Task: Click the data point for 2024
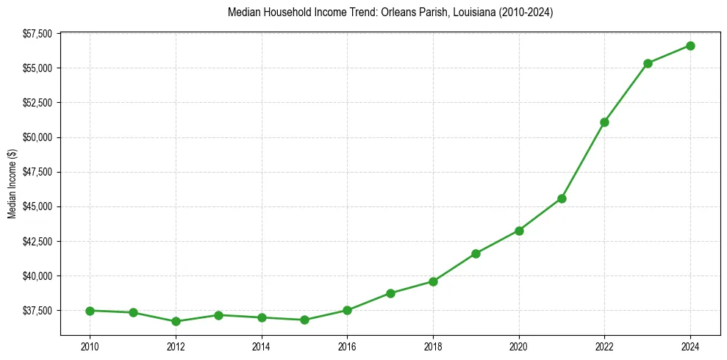(690, 46)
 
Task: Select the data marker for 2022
(604, 122)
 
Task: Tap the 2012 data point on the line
(176, 321)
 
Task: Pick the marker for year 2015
(304, 320)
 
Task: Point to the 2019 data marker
(476, 253)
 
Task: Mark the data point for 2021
(562, 198)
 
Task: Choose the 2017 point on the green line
(390, 293)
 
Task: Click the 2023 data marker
(648, 63)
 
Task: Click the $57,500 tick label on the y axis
(37, 34)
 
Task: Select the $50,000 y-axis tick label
(37, 137)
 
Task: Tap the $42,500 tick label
(37, 241)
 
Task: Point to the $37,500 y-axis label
(37, 311)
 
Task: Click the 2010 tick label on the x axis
(90, 345)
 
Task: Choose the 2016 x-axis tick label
(347, 345)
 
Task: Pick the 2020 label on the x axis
(519, 345)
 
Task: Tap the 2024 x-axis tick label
(690, 345)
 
